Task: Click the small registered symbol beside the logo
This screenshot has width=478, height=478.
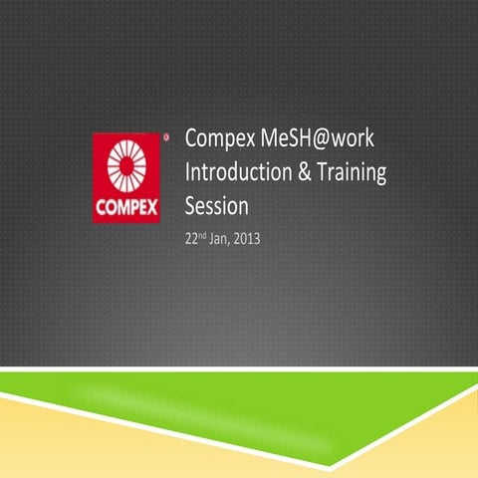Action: coord(165,134)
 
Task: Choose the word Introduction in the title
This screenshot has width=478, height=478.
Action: coord(240,173)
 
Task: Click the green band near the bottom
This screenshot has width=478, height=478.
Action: coord(239,398)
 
